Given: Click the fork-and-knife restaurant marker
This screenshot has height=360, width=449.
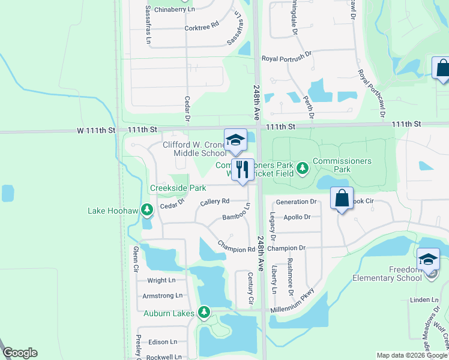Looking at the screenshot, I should [243, 170].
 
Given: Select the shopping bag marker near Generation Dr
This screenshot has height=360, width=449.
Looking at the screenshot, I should [342, 199].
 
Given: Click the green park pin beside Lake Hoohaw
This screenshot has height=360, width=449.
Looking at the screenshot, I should [146, 210].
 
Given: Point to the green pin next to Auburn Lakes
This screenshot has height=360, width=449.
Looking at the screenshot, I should [204, 312].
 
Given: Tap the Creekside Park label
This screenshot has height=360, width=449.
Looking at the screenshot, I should [178, 188].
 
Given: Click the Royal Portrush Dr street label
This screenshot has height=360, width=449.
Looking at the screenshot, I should [287, 58].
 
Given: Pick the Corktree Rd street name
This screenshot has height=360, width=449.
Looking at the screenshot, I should [202, 28].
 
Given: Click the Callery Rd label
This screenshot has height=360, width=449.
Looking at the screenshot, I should [215, 202].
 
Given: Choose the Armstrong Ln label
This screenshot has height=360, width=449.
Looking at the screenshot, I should [162, 296].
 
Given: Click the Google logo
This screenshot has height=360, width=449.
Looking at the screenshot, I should [20, 353].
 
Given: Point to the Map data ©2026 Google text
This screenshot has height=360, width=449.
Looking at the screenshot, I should [411, 355].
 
